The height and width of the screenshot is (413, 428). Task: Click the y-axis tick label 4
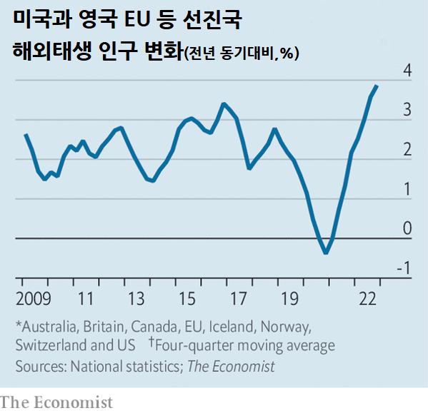point(407,71)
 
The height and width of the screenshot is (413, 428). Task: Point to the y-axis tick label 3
point(407,111)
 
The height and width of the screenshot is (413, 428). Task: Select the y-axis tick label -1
point(404,268)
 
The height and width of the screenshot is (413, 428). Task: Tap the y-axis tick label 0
point(407,228)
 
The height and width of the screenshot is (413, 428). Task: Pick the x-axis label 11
point(86,297)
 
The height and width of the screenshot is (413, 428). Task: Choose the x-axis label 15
point(187,297)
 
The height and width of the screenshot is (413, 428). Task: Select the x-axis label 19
point(289,297)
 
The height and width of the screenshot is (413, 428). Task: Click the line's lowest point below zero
point(326,253)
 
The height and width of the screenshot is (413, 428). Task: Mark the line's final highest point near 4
point(377,86)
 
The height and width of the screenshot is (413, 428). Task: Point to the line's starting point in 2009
point(26,135)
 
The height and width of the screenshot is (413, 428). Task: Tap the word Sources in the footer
point(41,366)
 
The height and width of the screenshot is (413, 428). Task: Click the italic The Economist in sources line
point(232,366)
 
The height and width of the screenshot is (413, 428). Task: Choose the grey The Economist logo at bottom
point(56,402)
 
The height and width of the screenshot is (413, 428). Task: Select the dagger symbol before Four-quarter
point(151,344)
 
